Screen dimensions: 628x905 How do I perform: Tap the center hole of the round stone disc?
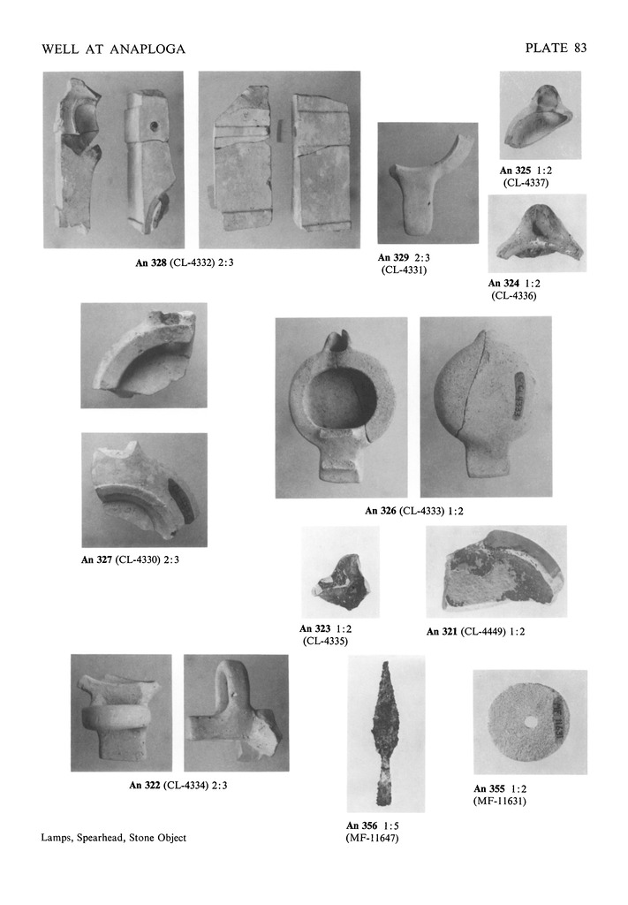tap(529, 722)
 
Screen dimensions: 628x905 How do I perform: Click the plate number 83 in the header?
tap(580, 48)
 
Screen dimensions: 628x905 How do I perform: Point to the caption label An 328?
tap(150, 262)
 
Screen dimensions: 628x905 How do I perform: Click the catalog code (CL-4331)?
tap(405, 270)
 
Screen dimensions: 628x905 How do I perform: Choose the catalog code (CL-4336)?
tap(514, 295)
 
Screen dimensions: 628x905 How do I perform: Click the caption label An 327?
tap(96, 559)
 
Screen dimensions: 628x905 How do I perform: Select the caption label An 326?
tap(381, 510)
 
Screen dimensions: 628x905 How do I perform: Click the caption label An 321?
tap(442, 631)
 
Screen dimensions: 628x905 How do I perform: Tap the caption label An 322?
tap(145, 785)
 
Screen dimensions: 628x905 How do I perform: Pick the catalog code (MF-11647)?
tap(372, 838)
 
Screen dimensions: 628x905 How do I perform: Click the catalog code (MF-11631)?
tap(500, 801)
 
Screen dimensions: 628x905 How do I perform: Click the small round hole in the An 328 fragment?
tap(154, 125)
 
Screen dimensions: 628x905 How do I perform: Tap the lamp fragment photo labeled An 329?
tap(427, 183)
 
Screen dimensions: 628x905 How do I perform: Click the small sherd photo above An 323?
tap(341, 572)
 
